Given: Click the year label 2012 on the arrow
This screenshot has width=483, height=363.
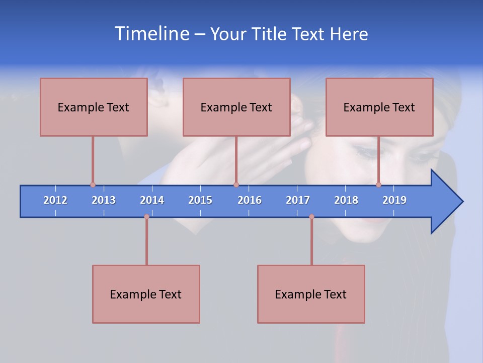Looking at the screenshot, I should click(55, 200).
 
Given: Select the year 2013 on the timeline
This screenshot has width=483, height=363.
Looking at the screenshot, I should click(104, 200).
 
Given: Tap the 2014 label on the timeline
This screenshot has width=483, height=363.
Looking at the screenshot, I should click(152, 200).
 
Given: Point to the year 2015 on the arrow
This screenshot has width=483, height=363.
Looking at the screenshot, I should click(200, 200).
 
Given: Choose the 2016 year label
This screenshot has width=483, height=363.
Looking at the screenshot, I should click(250, 200).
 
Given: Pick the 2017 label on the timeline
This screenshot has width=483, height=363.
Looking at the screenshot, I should click(298, 200).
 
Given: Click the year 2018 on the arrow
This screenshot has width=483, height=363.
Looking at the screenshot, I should click(346, 200).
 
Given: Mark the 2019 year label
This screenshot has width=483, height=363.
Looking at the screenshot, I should click(394, 200).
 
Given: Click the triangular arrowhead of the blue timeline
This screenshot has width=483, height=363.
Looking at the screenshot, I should click(446, 202).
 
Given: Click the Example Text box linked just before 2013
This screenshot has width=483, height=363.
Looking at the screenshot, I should click(94, 107).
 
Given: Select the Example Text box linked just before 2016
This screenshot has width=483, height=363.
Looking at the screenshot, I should click(236, 107).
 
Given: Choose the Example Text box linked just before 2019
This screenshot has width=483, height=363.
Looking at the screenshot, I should click(379, 107).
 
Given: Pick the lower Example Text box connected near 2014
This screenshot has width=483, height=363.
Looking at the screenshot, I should click(146, 294).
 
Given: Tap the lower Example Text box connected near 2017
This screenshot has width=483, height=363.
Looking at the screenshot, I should click(311, 294).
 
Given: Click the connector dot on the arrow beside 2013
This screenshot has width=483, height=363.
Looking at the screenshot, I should click(93, 185).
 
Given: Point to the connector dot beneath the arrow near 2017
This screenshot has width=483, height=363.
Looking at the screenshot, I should click(311, 217).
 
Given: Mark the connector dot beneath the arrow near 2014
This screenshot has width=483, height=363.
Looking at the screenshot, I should click(146, 217).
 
